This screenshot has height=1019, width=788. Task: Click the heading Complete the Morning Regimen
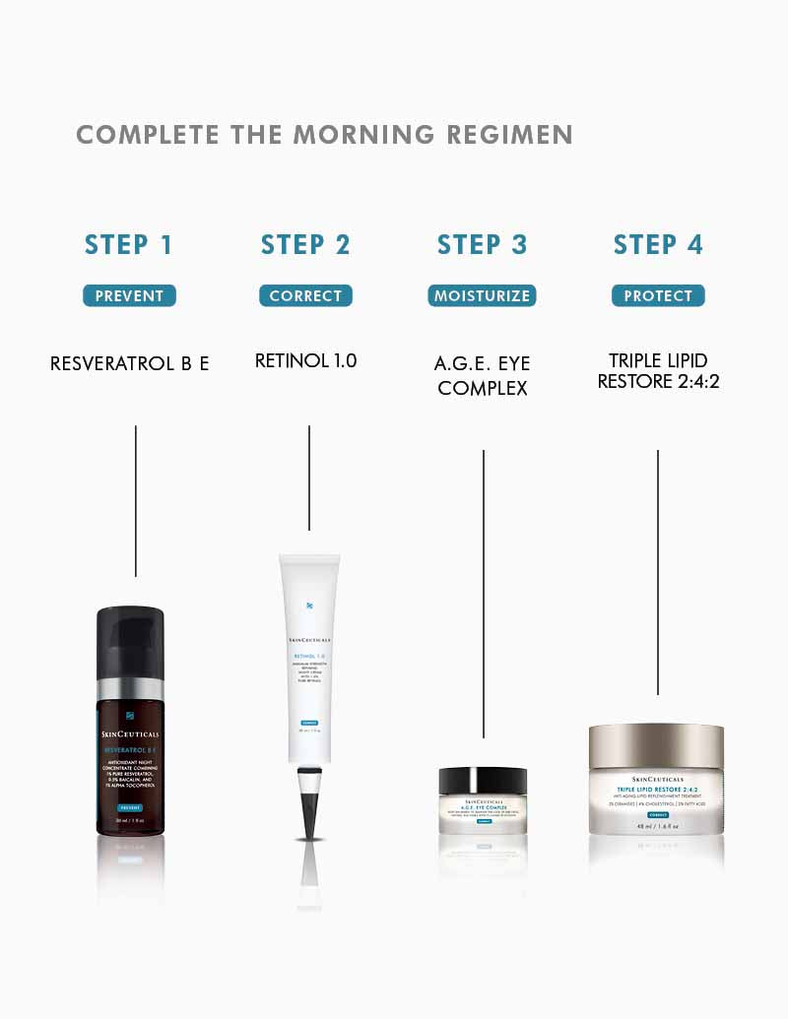(324, 135)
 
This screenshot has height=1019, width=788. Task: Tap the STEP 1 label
(129, 245)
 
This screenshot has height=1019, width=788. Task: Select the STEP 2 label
(305, 245)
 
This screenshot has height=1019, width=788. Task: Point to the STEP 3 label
(482, 245)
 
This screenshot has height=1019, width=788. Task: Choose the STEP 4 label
(658, 245)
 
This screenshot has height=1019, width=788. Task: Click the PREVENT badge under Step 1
(129, 295)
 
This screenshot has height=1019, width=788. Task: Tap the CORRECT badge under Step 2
(305, 295)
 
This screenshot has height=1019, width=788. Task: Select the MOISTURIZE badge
(482, 295)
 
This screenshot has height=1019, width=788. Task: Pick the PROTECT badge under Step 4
(658, 295)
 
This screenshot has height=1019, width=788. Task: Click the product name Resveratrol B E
(129, 363)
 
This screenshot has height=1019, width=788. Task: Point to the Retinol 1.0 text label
(305, 361)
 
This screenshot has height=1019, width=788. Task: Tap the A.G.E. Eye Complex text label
(482, 375)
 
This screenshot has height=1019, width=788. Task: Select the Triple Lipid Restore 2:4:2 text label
(658, 370)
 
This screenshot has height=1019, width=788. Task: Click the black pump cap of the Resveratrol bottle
(130, 641)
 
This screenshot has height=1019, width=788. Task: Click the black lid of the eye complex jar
(483, 782)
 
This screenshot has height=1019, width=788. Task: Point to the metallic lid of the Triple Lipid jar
(656, 747)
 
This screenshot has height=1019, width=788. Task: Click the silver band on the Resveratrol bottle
(130, 688)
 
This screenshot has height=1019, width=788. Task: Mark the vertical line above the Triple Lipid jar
(657, 571)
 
